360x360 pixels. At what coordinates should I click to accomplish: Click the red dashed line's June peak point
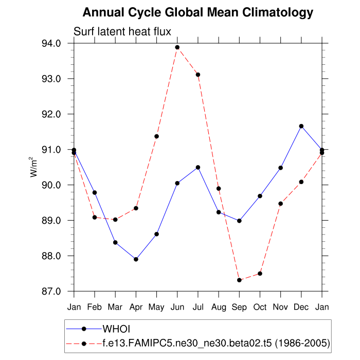pyautogui.click(x=177, y=47)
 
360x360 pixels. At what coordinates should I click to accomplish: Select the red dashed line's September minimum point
pyautogui.click(x=239, y=280)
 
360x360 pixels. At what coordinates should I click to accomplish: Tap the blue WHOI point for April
pyautogui.click(x=136, y=259)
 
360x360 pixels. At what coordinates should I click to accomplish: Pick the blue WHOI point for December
pyautogui.click(x=301, y=126)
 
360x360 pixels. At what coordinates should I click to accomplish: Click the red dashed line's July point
pyautogui.click(x=198, y=75)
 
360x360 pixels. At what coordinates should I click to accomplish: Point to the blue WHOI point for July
pyautogui.click(x=198, y=167)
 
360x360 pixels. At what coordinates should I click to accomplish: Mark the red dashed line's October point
pyautogui.click(x=260, y=274)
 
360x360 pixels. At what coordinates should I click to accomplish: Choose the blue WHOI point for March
pyautogui.click(x=115, y=242)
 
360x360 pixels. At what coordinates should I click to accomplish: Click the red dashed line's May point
pyautogui.click(x=156, y=136)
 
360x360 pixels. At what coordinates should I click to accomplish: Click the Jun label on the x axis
pyautogui.click(x=177, y=307)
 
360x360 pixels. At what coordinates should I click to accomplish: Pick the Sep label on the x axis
pyautogui.click(x=239, y=307)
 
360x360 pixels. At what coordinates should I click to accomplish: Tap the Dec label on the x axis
pyautogui.click(x=301, y=307)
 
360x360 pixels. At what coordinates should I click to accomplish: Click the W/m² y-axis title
pyautogui.click(x=34, y=167)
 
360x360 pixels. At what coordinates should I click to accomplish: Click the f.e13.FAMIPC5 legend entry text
pyautogui.click(x=216, y=343)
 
